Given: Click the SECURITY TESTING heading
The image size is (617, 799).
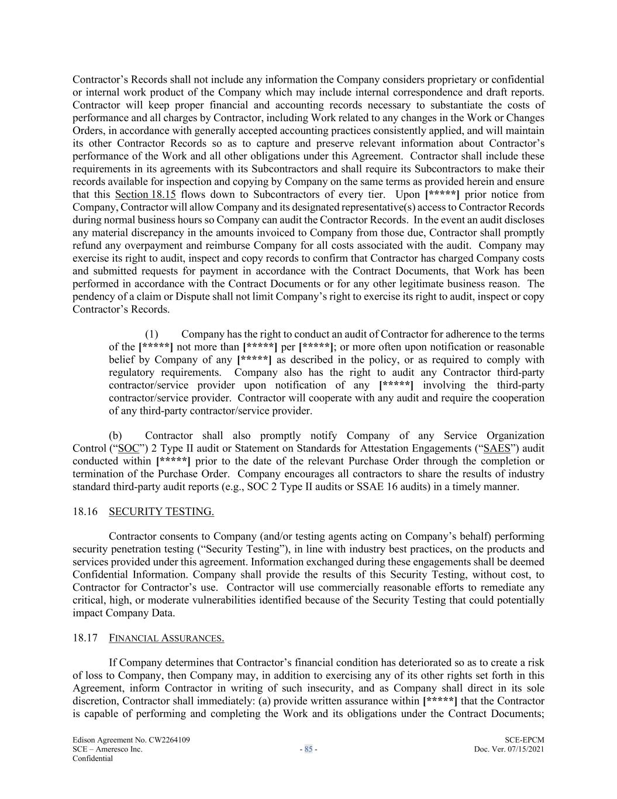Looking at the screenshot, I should coord(161,512).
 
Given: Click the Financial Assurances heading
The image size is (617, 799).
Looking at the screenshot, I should coord(166,637).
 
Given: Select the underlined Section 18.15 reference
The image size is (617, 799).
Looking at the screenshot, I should coord(145,194).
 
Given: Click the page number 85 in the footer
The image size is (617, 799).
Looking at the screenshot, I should coord(308,749).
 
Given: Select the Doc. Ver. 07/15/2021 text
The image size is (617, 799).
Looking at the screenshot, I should coord(509,749).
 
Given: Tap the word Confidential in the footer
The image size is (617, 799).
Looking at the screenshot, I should coord(92,758).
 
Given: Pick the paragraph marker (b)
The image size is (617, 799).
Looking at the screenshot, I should coord(115,435).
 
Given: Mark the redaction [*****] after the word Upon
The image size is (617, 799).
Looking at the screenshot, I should coord(442,194).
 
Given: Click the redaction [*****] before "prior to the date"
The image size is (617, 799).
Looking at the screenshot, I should coord(173,461).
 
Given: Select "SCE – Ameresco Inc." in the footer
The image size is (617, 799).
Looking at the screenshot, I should coord(107,749).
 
